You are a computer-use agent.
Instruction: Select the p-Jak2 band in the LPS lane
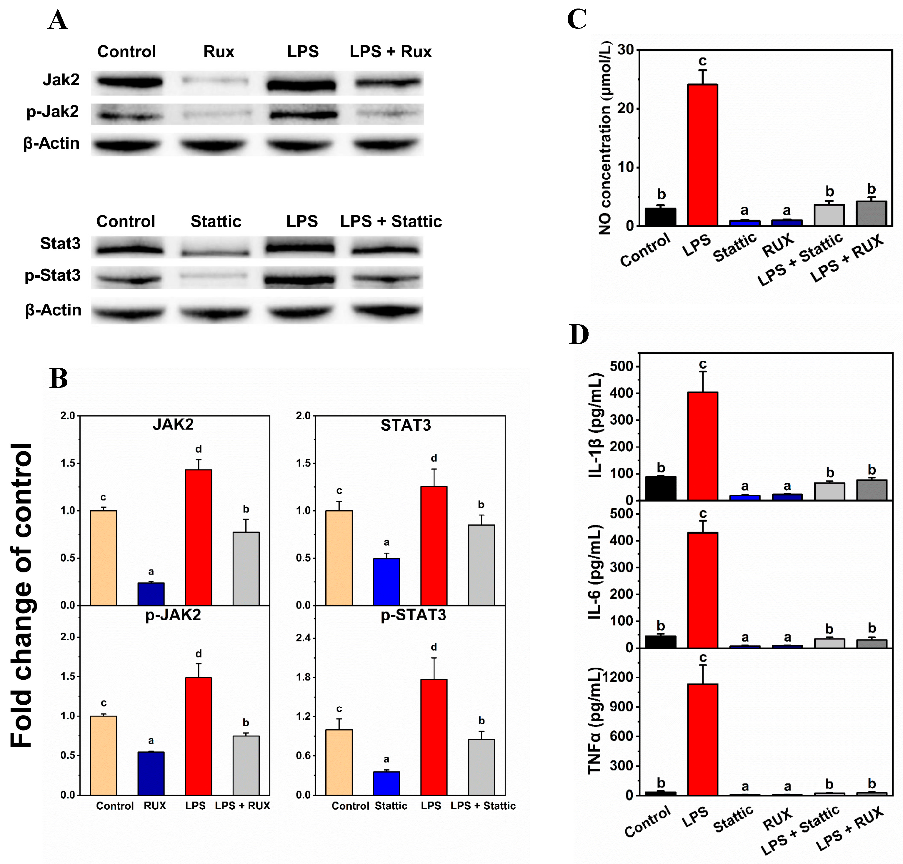[x=303, y=114]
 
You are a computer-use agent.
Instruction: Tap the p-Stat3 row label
[x=53, y=275]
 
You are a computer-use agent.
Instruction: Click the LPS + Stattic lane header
[x=391, y=222]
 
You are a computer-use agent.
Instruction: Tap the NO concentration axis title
[x=605, y=138]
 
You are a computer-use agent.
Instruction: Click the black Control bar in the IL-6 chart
[x=661, y=641]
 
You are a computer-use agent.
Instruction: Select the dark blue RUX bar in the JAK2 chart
[x=151, y=594]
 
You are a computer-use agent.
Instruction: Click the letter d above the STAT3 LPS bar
[x=434, y=458]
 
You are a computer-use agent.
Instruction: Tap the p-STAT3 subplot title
[x=413, y=615]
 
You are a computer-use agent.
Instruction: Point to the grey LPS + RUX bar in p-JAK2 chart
[x=246, y=766]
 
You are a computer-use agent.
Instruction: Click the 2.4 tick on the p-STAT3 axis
[x=302, y=638]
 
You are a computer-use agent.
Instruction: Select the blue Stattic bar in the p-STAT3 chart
[x=386, y=783]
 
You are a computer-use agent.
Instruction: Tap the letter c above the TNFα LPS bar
[x=703, y=658]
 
